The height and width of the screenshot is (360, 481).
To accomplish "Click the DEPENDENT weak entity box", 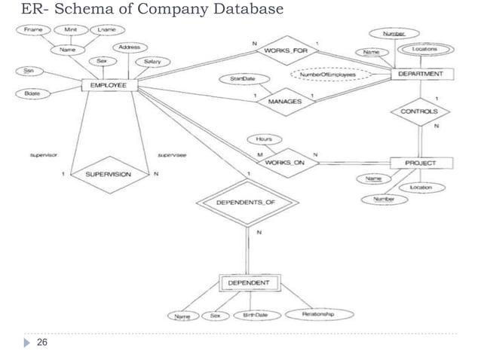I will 249,283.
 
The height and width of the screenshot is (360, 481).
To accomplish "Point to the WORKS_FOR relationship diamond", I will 286,50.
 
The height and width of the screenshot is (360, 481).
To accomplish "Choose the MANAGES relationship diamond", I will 285,101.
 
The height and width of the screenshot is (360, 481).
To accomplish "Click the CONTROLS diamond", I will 418,111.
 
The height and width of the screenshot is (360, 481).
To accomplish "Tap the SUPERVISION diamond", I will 108,174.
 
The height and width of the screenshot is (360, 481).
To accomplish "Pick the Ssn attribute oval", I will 28,70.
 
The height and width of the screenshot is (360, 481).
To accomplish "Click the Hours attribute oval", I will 263,139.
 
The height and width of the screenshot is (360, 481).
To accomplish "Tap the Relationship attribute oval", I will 317,313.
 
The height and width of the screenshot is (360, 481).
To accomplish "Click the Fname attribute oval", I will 34,29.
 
